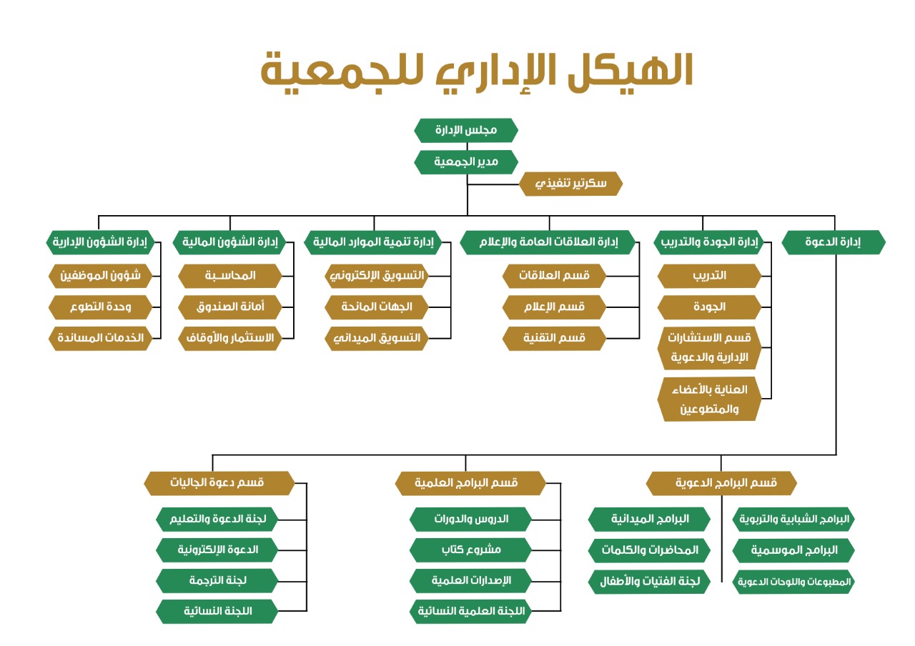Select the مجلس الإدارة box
tap(466, 130)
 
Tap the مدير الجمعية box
tap(466, 162)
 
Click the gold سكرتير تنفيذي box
tap(570, 184)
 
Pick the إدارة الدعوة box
tap(834, 242)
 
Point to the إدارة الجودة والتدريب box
tap(709, 242)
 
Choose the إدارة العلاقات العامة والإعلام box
tap(548, 242)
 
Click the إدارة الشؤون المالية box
tap(229, 242)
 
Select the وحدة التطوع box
tap(101, 307)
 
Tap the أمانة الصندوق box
tap(230, 307)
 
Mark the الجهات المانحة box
tap(377, 307)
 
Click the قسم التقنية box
tap(554, 339)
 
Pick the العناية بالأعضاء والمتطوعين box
tap(710, 399)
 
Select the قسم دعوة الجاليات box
tap(219, 483)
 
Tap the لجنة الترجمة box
tap(217, 581)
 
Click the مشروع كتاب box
tap(470, 550)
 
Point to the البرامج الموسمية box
tap(793, 550)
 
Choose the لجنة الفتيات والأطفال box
tap(650, 582)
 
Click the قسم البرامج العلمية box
tap(470, 483)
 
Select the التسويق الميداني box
tap(377, 339)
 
